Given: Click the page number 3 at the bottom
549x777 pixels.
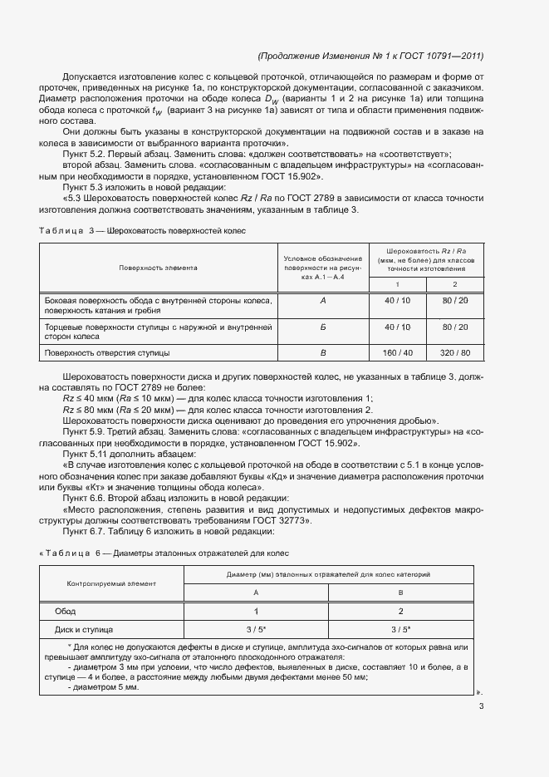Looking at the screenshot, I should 481,707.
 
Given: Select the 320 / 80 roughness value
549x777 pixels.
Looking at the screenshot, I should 455,353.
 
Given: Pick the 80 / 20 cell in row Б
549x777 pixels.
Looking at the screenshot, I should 455,327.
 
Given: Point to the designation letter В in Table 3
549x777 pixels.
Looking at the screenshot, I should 323,353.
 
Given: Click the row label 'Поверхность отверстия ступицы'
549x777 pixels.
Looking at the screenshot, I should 107,353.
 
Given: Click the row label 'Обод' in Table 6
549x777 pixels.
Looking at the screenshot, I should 66,611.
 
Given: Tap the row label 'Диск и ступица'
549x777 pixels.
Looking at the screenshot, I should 84,630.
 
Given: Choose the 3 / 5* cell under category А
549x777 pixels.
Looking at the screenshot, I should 255,630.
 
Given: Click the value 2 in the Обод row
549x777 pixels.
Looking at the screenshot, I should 400,611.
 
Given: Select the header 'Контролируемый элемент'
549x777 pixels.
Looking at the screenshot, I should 111,583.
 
